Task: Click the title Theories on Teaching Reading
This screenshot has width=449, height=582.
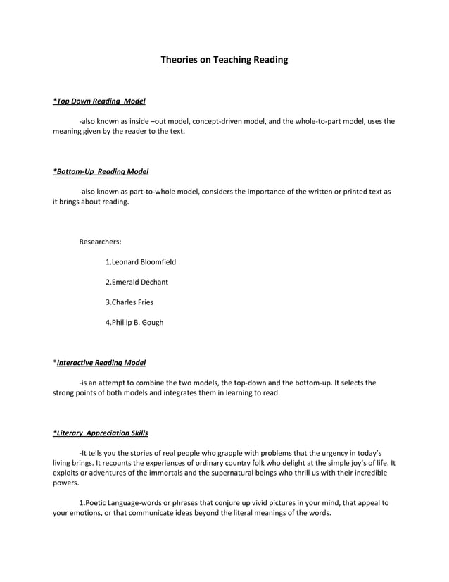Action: tap(224, 60)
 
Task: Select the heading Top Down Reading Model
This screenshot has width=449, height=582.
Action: tap(99, 101)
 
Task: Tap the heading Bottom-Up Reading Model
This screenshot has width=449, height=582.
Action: tap(101, 171)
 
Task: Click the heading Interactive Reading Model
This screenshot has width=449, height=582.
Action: tap(101, 363)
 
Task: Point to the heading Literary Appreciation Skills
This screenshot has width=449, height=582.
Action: tap(101, 432)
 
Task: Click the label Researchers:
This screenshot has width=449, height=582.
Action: tap(100, 242)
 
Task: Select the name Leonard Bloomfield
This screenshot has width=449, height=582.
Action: tap(141, 262)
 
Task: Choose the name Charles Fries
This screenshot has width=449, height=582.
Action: tap(129, 302)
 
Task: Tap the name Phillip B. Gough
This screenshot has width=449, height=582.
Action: tap(134, 323)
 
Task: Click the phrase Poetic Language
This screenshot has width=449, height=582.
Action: tap(109, 503)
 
